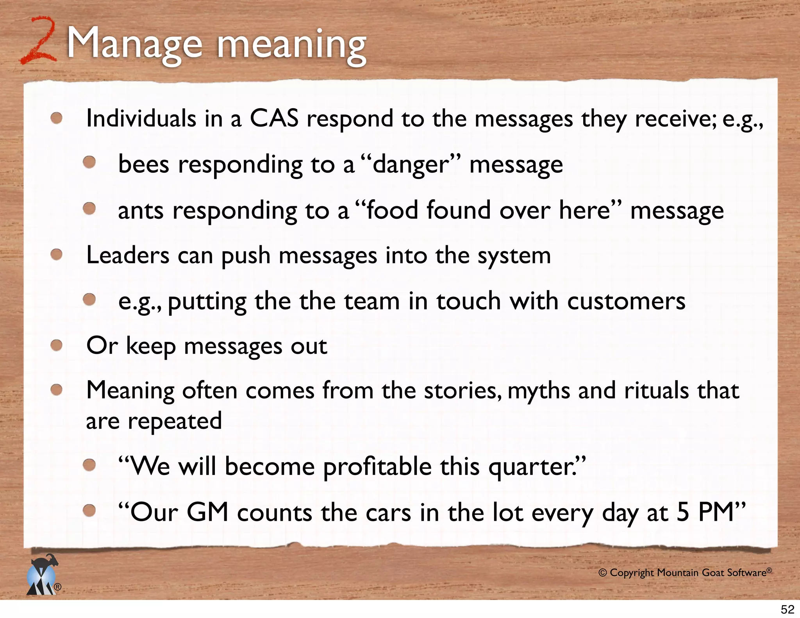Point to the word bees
pos(143,164)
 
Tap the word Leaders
pos(128,255)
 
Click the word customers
pos(626,301)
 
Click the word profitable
pos(377,467)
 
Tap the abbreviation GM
pos(207,512)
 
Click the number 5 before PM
pos(682,512)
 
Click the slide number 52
pos(787,609)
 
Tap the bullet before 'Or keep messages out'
pos(57,345)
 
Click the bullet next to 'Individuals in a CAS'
pos(57,118)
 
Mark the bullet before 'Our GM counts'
pos(89,510)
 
